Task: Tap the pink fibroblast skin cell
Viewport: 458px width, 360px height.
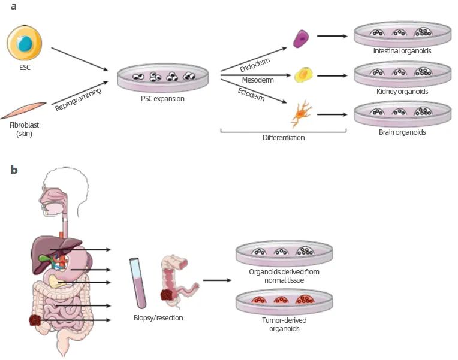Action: tap(25, 110)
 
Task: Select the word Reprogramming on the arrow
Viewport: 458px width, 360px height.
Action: tap(78, 98)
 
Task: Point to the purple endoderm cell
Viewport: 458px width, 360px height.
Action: tap(299, 38)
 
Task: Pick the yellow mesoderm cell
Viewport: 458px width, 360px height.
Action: tap(303, 75)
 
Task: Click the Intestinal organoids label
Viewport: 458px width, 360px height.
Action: tap(402, 52)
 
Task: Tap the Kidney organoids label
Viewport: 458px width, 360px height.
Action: tap(402, 92)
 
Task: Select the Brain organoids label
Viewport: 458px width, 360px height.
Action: tap(402, 132)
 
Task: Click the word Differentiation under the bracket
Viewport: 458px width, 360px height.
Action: tap(284, 138)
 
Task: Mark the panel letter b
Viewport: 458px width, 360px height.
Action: tap(14, 170)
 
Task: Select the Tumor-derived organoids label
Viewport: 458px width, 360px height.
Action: tap(284, 325)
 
